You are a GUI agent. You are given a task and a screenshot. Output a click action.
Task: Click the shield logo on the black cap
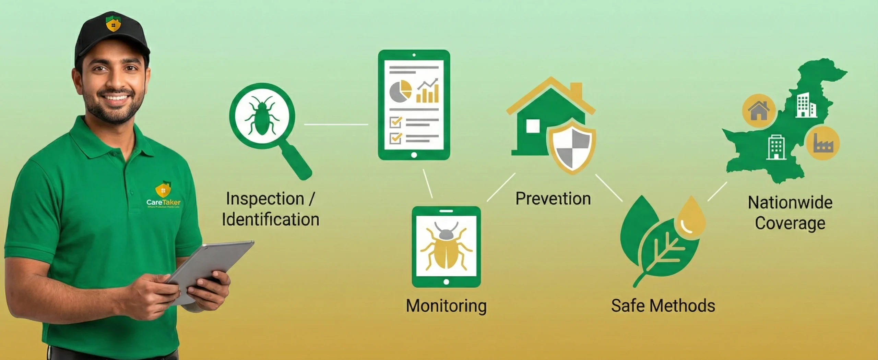click(113, 24)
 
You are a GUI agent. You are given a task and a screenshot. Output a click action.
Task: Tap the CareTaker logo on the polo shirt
click(163, 195)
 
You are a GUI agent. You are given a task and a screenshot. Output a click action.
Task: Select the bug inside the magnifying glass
click(262, 115)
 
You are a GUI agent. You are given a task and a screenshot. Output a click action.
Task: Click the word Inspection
click(265, 199)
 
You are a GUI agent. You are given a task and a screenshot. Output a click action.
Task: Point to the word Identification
click(271, 220)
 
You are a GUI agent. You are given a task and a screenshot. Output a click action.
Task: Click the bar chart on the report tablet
click(427, 92)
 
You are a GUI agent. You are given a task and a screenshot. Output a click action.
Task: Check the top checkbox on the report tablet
click(396, 122)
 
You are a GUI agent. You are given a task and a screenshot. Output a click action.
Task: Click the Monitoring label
click(446, 306)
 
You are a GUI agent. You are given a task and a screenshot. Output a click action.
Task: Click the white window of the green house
click(533, 126)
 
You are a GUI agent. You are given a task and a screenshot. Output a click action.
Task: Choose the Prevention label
click(553, 199)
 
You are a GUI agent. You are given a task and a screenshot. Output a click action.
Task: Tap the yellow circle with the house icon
click(759, 111)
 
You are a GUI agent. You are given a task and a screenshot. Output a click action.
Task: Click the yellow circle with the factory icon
click(822, 143)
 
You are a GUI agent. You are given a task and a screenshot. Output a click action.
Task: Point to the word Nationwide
click(790, 203)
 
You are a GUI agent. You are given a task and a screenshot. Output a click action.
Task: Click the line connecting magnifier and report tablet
click(336, 124)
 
